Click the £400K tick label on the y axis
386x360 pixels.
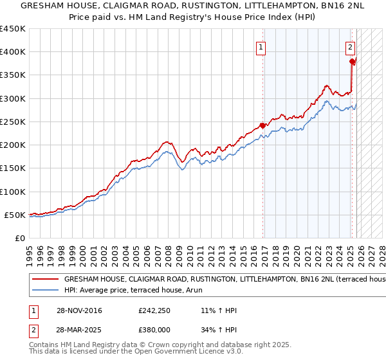13,52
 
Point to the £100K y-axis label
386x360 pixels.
13,192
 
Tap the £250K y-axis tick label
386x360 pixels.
13,122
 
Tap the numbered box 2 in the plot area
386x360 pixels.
350,46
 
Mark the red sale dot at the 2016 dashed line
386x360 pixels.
262,125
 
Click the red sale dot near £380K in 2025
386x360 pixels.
353,62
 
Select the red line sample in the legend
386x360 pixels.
44,280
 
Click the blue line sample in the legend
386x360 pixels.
44,291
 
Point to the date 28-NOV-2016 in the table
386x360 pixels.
79,310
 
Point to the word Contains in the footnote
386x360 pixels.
45,346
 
